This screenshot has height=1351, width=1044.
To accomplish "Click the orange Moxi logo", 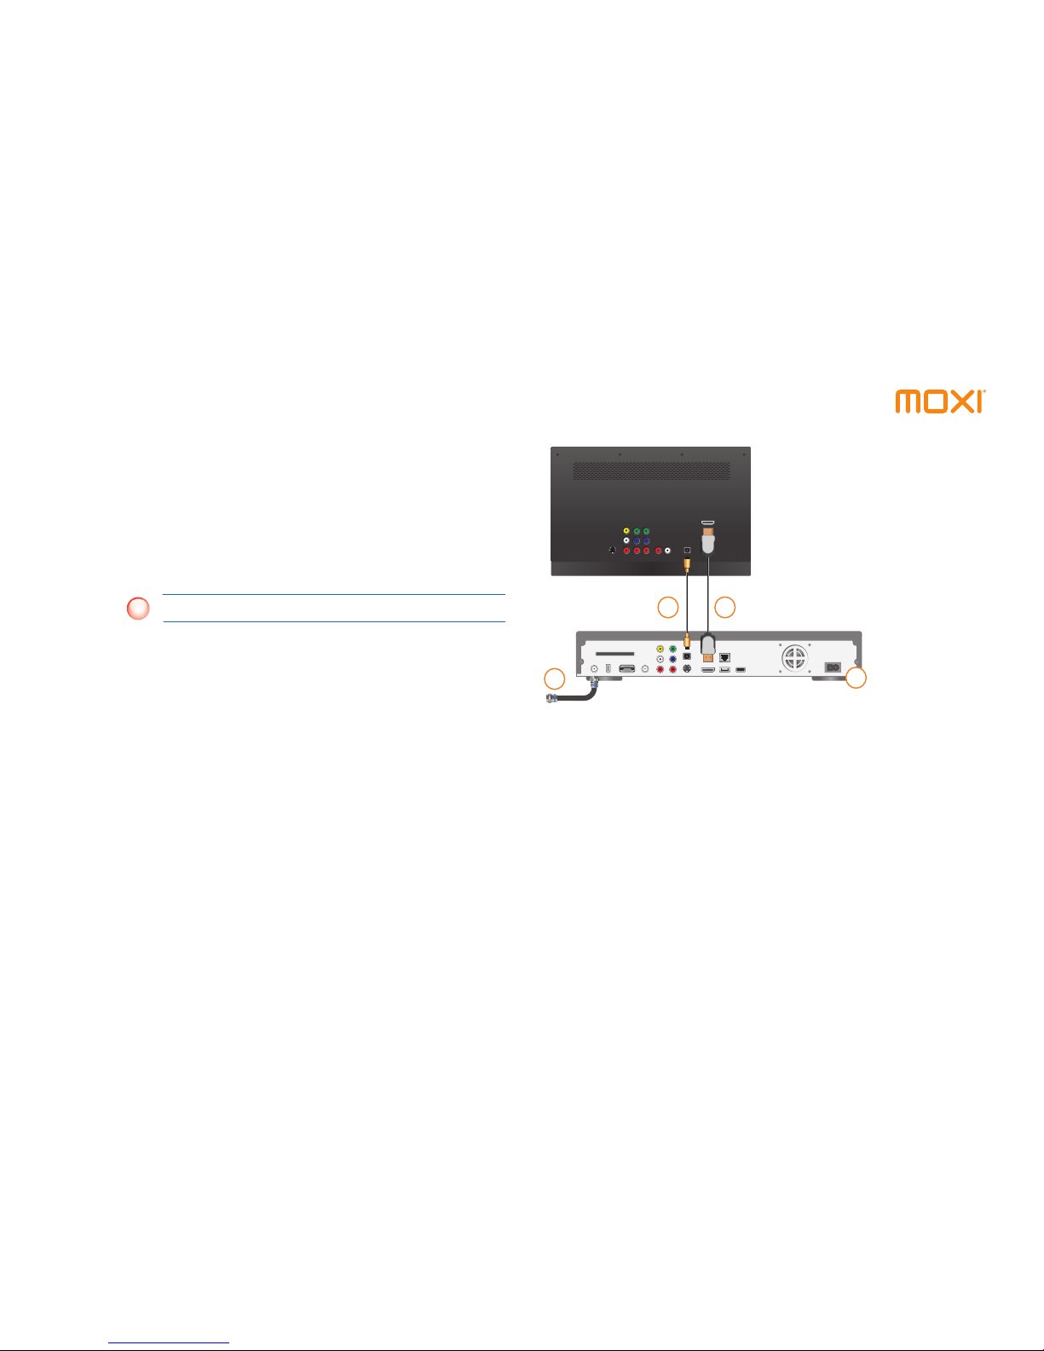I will coord(940,401).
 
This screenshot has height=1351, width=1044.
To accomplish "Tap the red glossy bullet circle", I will coord(138,609).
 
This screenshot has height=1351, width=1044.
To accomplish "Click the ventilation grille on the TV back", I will coord(651,471).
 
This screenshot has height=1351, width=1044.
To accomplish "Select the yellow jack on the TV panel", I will coord(626,531).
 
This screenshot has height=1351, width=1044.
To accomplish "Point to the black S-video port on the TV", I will coord(613,551).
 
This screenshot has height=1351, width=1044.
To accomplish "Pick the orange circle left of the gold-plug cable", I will coord(667,607).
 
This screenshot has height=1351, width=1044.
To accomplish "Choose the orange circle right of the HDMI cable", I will coord(724,607).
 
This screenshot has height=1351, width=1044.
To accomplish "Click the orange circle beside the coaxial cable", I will coord(554,678).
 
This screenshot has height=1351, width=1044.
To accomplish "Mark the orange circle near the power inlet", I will coord(857,678).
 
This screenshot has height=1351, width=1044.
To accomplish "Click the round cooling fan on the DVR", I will coord(793,656).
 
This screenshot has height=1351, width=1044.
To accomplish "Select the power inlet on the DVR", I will coord(832,667).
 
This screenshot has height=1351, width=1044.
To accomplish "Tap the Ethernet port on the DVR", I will coord(724,657).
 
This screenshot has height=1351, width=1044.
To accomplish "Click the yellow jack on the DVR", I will coord(660,650).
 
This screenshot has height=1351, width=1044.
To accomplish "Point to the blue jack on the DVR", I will coord(672,659).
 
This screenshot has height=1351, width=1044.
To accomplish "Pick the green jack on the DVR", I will coord(672,650).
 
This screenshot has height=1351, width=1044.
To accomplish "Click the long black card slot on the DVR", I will coord(614,654).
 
